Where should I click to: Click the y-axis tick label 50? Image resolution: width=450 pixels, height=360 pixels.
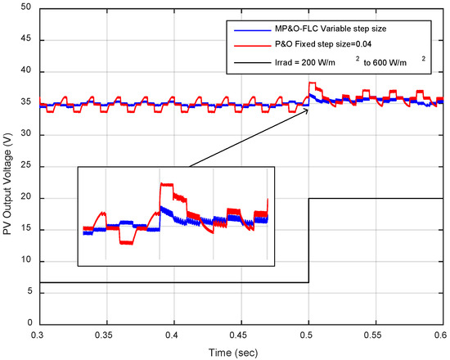pos(26,7)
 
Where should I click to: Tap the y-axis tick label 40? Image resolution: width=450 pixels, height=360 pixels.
pos(26,71)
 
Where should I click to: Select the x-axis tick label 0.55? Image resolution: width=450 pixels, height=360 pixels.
pos(375,335)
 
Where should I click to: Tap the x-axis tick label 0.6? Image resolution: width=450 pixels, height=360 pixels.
pos(441,335)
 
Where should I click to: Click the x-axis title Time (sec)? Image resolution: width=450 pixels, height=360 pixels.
pos(240,352)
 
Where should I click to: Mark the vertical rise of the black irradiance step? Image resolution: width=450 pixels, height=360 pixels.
pos(308,240)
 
